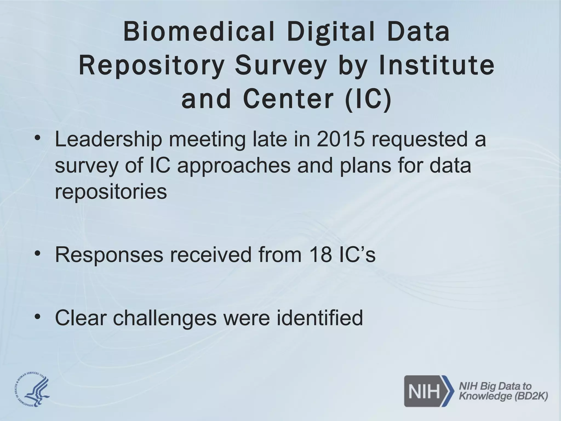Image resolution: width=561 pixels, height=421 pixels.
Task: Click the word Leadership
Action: point(108,139)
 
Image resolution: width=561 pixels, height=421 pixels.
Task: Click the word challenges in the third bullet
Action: point(165,318)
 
